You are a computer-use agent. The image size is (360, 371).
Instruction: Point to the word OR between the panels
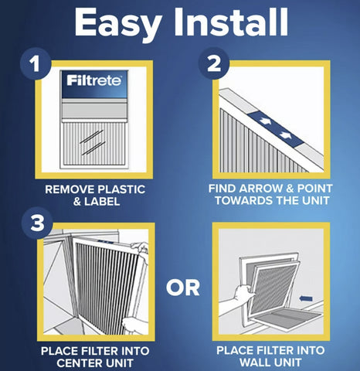click(x=183, y=288)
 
